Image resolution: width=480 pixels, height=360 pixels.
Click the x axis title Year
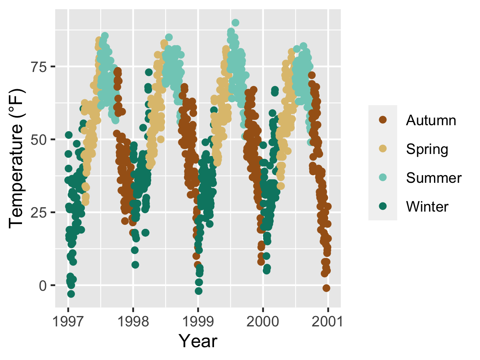tap(198, 341)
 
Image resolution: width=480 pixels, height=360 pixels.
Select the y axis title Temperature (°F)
tap(18, 159)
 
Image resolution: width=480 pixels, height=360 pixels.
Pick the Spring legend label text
tap(427, 149)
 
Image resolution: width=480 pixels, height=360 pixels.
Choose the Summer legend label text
tap(434, 178)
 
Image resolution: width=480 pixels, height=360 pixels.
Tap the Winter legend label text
tap(427, 207)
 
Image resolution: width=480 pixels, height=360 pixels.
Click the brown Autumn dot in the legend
tap(383, 120)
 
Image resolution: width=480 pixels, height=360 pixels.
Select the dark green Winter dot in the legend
tap(383, 206)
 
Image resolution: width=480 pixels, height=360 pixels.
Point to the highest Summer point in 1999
tap(236, 23)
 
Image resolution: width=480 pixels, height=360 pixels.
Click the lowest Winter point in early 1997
tap(71, 294)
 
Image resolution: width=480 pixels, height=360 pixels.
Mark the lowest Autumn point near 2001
tap(326, 288)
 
